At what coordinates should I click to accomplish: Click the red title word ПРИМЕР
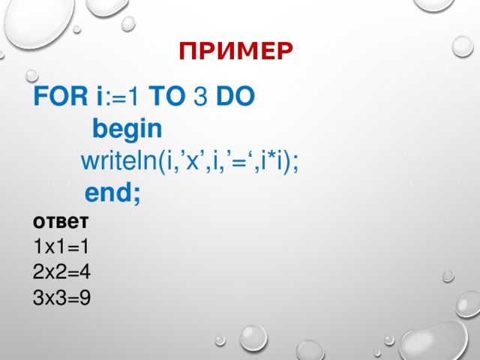[235, 51]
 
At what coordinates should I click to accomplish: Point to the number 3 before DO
[202, 97]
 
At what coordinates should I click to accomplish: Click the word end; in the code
[112, 193]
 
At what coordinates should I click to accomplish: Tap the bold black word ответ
[61, 222]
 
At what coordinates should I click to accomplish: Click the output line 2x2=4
[61, 272]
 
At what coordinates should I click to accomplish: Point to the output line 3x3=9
[61, 298]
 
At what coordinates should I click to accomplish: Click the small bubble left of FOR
[31, 76]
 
